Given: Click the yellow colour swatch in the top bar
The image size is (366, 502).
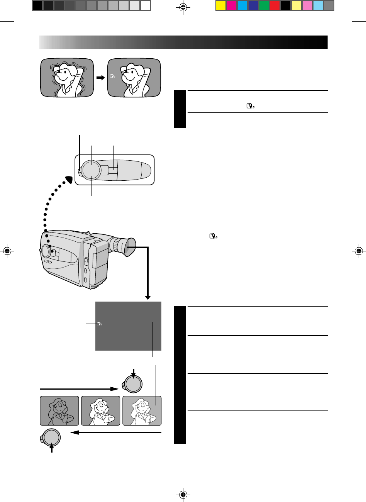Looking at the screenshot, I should point(220,5).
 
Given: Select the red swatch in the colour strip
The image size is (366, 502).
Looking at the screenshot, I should point(274,5).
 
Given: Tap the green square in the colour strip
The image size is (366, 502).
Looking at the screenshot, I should point(264,5).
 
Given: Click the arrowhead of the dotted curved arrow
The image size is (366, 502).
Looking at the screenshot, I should point(69,180).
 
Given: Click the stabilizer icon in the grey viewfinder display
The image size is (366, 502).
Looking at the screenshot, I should point(100,324).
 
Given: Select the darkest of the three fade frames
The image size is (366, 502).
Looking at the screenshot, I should point(59,411).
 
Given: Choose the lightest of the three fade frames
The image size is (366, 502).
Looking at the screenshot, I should point(142,411).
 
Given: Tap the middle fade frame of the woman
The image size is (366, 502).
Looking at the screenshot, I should point(100,411).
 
